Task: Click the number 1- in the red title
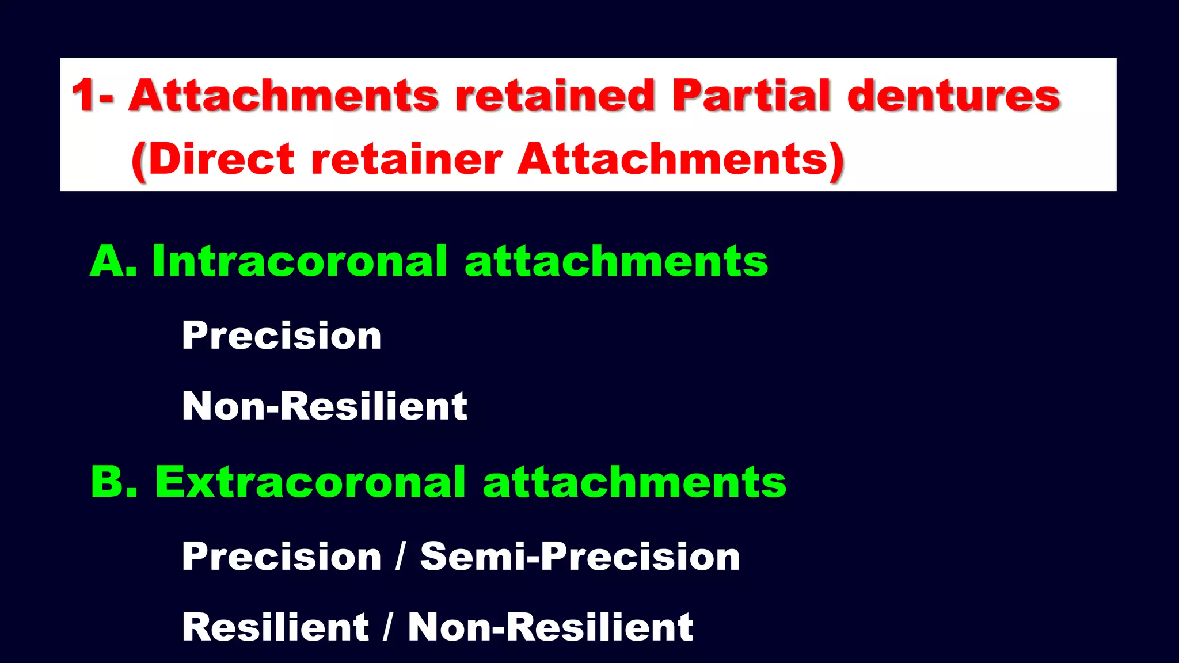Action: pos(92,95)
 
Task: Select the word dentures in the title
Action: pos(954,95)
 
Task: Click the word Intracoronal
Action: pos(299,261)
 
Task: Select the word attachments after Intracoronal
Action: pos(616,261)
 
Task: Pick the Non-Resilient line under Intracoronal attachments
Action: pos(324,406)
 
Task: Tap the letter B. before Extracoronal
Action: pos(115,482)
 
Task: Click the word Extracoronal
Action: pos(310,482)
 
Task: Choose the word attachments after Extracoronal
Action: pos(634,482)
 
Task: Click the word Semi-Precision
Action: pos(580,557)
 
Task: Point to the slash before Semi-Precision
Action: pos(400,557)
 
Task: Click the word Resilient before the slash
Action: pos(275,627)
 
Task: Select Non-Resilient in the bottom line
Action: pos(550,627)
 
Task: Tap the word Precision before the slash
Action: pos(282,557)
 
